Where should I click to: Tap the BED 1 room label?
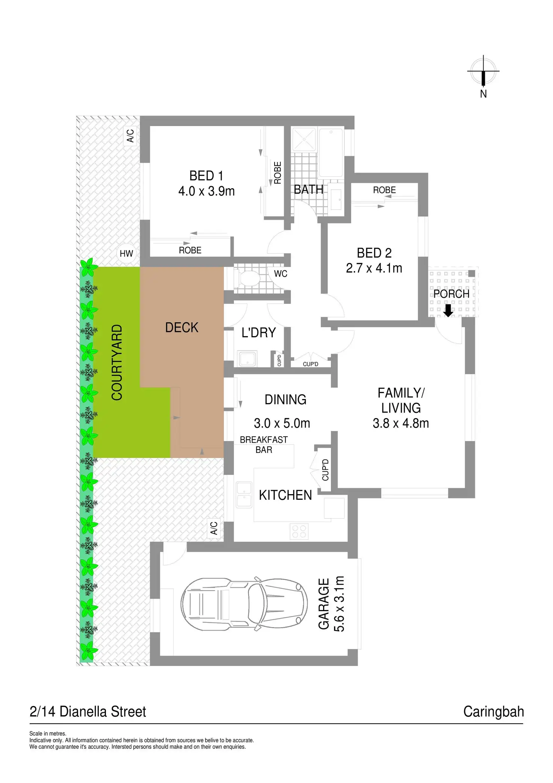pyautogui.click(x=206, y=176)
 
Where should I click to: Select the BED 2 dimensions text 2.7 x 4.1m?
pyautogui.click(x=374, y=268)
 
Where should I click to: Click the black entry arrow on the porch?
pyautogui.click(x=448, y=310)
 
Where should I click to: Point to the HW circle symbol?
pyautogui.click(x=126, y=253)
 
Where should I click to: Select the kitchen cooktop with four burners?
pyautogui.click(x=299, y=531)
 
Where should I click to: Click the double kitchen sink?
pyautogui.click(x=243, y=494)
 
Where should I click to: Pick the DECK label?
pyautogui.click(x=182, y=328)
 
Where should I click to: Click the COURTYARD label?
pyautogui.click(x=117, y=362)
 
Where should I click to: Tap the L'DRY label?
pyautogui.click(x=258, y=332)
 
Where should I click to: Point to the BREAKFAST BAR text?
pyautogui.click(x=264, y=445)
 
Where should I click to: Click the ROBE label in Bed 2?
pyautogui.click(x=384, y=190)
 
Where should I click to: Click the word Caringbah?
pyautogui.click(x=493, y=712)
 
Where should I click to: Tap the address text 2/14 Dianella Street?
pyautogui.click(x=88, y=712)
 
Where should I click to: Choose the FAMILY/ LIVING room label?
pyautogui.click(x=401, y=400)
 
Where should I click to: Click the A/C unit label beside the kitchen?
pyautogui.click(x=214, y=528)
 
